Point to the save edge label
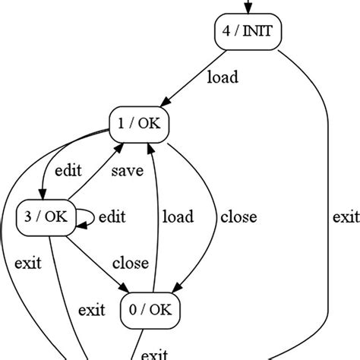point(126,171)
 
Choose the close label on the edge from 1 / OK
point(238,217)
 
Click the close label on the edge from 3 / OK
point(130,264)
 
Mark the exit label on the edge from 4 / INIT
point(346,217)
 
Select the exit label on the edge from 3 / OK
point(91,309)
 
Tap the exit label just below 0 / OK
point(155,353)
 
